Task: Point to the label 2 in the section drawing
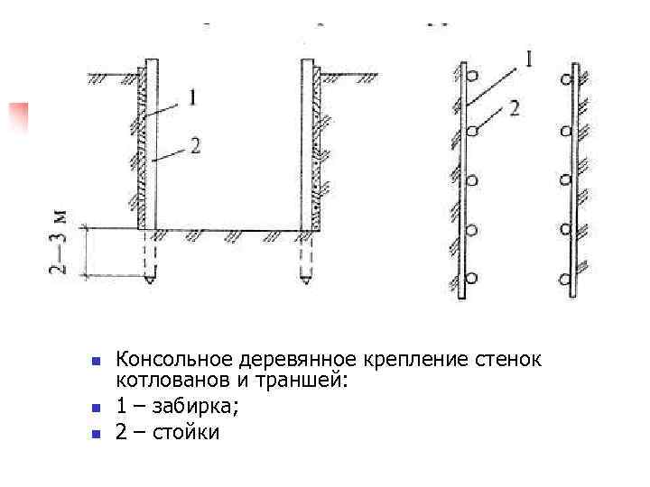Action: tap(195, 146)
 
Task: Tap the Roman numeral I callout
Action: tap(529, 61)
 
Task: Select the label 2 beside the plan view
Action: tap(515, 108)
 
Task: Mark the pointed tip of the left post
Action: tap(150, 280)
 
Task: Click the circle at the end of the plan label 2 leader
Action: tap(472, 133)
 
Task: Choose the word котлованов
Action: tap(165, 383)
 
